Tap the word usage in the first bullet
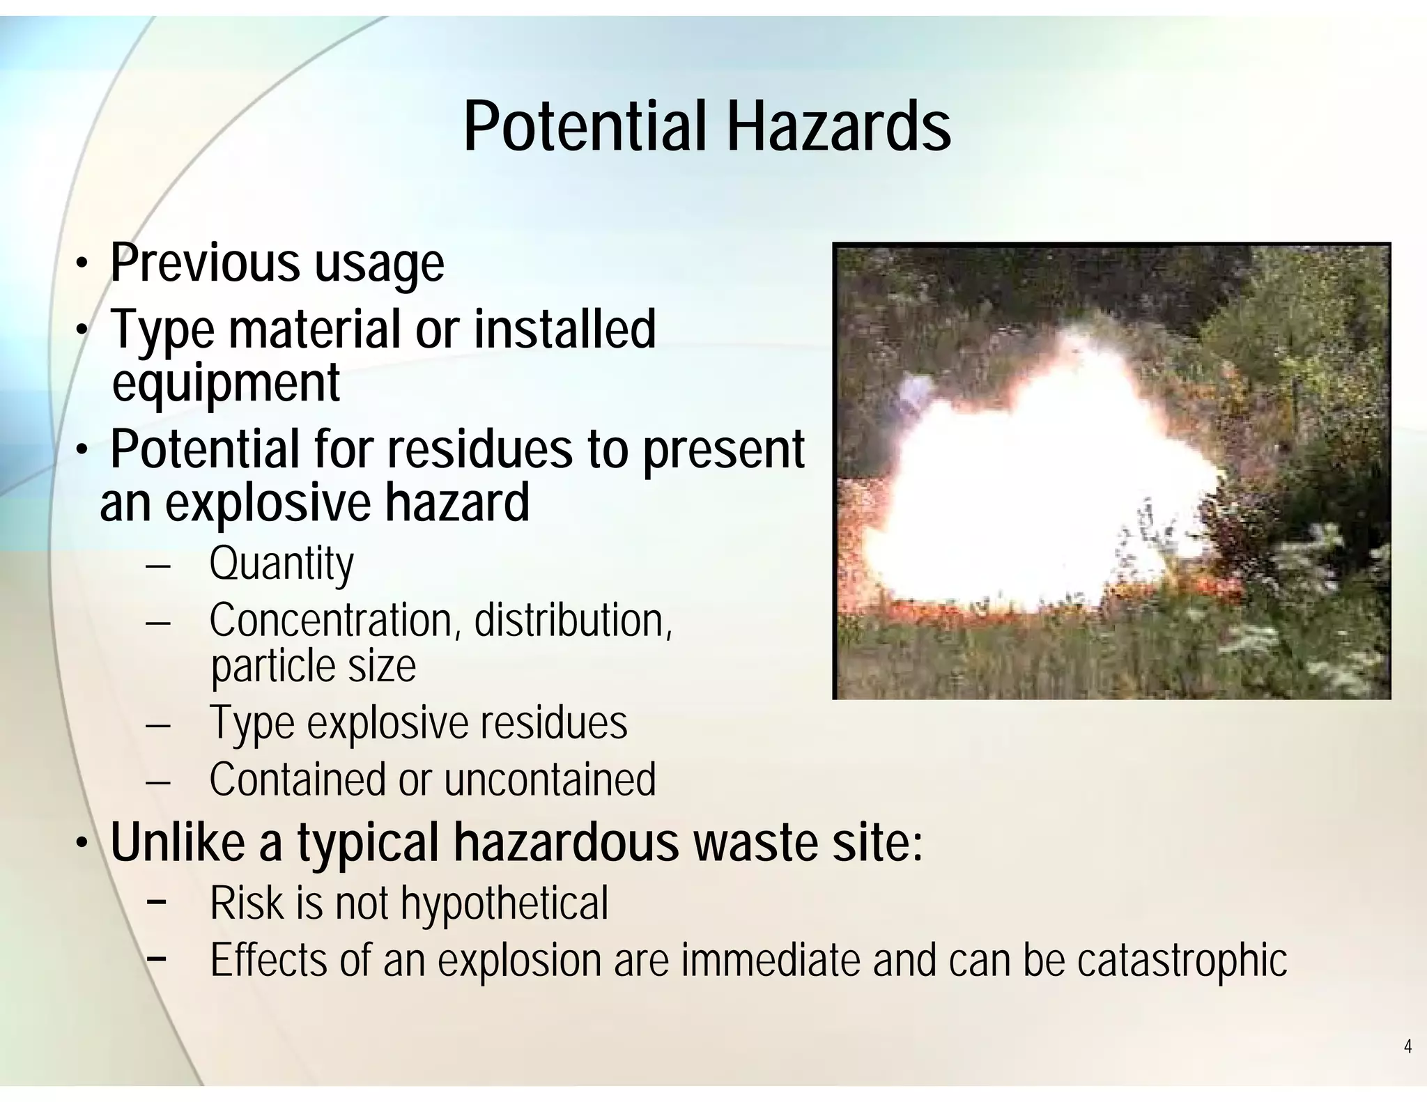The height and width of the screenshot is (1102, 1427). (378, 265)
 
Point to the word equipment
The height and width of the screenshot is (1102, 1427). (226, 383)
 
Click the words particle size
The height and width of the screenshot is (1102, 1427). (313, 667)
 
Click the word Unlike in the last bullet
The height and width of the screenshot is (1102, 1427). (178, 842)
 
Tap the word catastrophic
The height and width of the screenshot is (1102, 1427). (1182, 960)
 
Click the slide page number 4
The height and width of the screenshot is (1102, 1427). (1407, 1047)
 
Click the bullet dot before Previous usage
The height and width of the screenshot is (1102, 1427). (82, 265)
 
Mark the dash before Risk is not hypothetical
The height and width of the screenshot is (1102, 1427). (157, 901)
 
